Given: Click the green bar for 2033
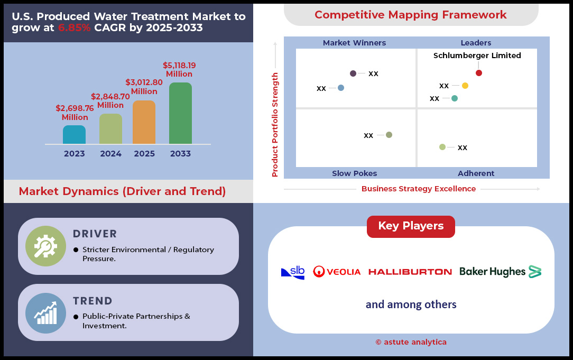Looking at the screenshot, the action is [x=181, y=113].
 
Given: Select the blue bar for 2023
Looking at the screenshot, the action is [x=74, y=134].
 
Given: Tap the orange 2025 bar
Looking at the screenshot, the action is [x=144, y=122].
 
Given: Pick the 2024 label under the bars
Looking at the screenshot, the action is [x=110, y=153].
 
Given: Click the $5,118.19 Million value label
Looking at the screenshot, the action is [x=179, y=69].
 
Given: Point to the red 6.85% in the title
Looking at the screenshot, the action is [x=74, y=27].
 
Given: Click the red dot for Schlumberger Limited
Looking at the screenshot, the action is [x=479, y=73].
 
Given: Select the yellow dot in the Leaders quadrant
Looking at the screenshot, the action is [x=465, y=86].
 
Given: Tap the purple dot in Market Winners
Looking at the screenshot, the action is [x=353, y=73].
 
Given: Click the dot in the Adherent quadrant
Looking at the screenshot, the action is [x=442, y=147].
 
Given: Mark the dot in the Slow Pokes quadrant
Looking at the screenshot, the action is [x=389, y=135].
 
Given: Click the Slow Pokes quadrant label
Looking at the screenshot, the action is [x=355, y=173].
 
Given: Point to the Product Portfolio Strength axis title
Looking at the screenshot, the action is [x=275, y=125].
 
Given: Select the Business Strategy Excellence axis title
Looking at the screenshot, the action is [x=419, y=189].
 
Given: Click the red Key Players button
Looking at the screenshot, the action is [x=411, y=226].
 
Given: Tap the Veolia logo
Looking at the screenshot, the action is [x=337, y=272].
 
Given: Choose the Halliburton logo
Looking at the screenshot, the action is [x=410, y=272].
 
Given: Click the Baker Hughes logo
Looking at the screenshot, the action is [x=500, y=272].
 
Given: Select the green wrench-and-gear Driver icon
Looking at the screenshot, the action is [x=45, y=246].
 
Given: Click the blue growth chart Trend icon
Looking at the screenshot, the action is [x=45, y=313].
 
